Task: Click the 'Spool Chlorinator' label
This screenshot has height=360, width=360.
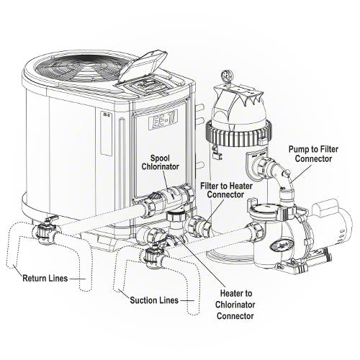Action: (161, 163)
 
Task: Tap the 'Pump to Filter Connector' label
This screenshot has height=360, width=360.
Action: (313, 154)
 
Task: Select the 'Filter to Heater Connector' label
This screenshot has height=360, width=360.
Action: (226, 190)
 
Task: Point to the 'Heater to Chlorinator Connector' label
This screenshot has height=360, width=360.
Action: (235, 305)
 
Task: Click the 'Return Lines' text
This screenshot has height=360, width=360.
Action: (45, 279)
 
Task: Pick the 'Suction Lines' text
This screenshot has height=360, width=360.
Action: (154, 300)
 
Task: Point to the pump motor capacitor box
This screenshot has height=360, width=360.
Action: (325, 207)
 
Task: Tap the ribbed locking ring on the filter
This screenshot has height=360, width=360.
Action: (238, 133)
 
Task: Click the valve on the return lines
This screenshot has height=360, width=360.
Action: (45, 229)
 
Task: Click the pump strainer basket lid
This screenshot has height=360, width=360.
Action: (266, 208)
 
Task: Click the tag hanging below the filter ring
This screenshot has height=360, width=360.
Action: (217, 153)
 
